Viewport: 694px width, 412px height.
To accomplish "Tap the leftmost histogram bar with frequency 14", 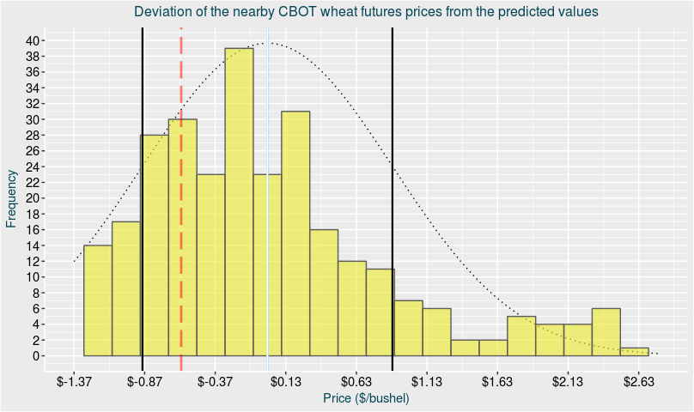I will tap(98, 300).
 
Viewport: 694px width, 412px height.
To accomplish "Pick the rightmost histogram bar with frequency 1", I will tap(635, 351).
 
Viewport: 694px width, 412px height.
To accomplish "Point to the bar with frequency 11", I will tap(380, 312).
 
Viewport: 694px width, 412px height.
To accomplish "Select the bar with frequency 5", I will tap(521, 336).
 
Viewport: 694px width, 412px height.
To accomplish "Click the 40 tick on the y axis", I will tap(32, 40).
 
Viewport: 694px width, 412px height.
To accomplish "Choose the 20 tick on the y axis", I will tap(32, 198).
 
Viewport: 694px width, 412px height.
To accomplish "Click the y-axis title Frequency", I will tap(11, 198).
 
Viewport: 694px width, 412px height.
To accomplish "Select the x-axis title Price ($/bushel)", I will tap(366, 399).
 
